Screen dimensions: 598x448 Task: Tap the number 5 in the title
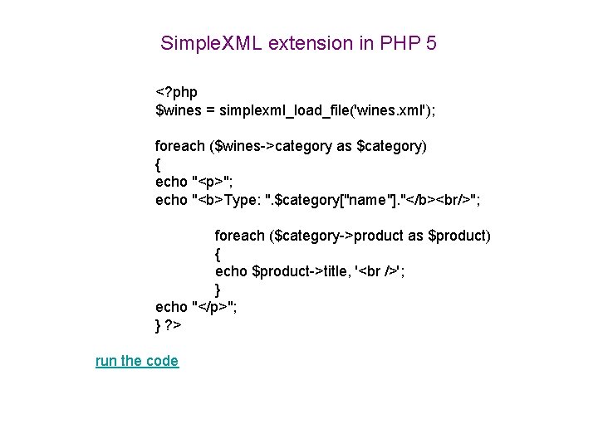pyautogui.click(x=430, y=43)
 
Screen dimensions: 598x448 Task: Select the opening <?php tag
pyautogui.click(x=176, y=91)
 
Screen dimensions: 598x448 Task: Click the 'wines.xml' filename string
pyautogui.click(x=394, y=110)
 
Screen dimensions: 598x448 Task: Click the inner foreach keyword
pyautogui.click(x=239, y=236)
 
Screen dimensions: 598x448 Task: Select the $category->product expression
pyautogui.click(x=337, y=236)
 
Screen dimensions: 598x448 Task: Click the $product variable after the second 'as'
pyautogui.click(x=457, y=236)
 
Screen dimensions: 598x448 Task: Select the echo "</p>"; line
pyautogui.click(x=196, y=308)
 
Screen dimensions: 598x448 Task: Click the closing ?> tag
pyautogui.click(x=173, y=325)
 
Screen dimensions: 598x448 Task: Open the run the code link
pyautogui.click(x=137, y=361)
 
